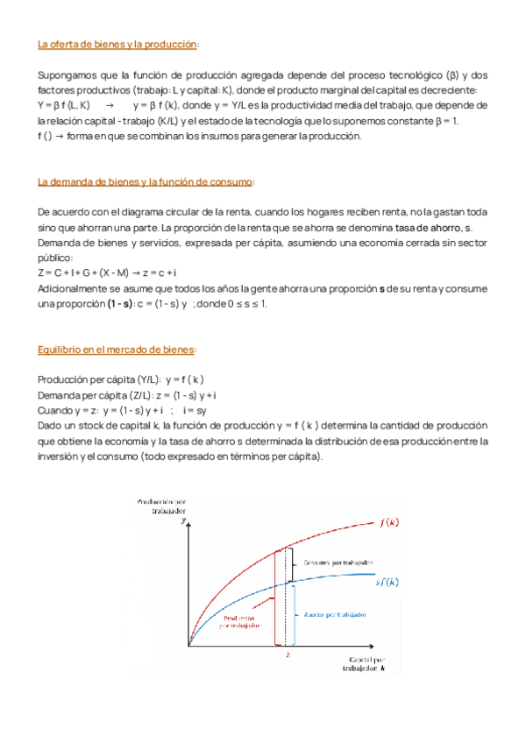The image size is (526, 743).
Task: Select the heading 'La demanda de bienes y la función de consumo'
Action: (x=146, y=182)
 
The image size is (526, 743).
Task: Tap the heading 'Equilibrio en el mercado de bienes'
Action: (x=117, y=350)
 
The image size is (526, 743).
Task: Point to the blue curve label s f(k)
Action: (x=387, y=582)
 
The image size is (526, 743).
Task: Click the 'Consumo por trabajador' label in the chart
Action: (x=338, y=563)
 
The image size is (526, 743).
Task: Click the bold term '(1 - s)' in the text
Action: (x=114, y=304)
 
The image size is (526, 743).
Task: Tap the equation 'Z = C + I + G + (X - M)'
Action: (x=89, y=273)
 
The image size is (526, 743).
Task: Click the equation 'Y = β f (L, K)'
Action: (x=64, y=103)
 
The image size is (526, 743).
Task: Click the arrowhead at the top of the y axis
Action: (x=188, y=523)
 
